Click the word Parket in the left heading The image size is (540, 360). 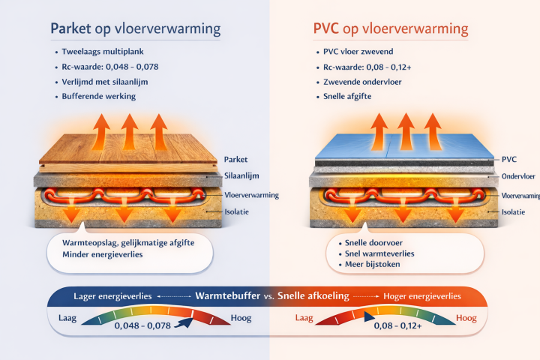[x=70, y=30]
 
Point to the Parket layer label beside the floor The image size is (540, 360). [x=235, y=160]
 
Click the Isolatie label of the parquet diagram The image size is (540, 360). [x=237, y=212]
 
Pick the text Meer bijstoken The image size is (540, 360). [x=372, y=264]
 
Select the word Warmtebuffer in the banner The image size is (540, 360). [x=228, y=295]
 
